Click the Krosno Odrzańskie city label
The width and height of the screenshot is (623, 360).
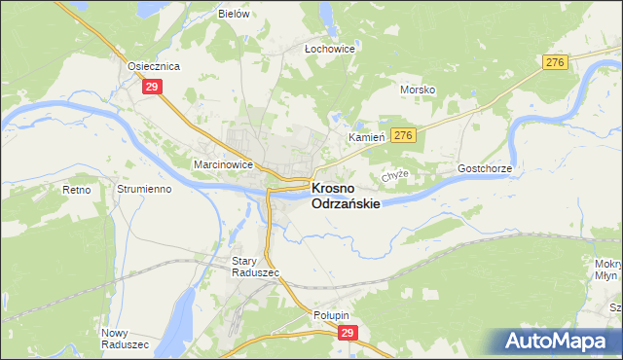345,196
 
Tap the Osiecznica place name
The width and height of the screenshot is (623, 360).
155,66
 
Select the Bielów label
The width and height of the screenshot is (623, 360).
235,15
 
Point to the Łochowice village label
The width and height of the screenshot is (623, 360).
329,48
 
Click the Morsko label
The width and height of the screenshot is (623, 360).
418,90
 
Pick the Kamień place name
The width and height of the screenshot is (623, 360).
368,138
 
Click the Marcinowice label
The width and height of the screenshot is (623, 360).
223,164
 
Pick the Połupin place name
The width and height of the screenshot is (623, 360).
331,315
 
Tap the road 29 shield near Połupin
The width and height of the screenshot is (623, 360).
349,333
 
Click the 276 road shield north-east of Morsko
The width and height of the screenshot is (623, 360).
555,62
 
